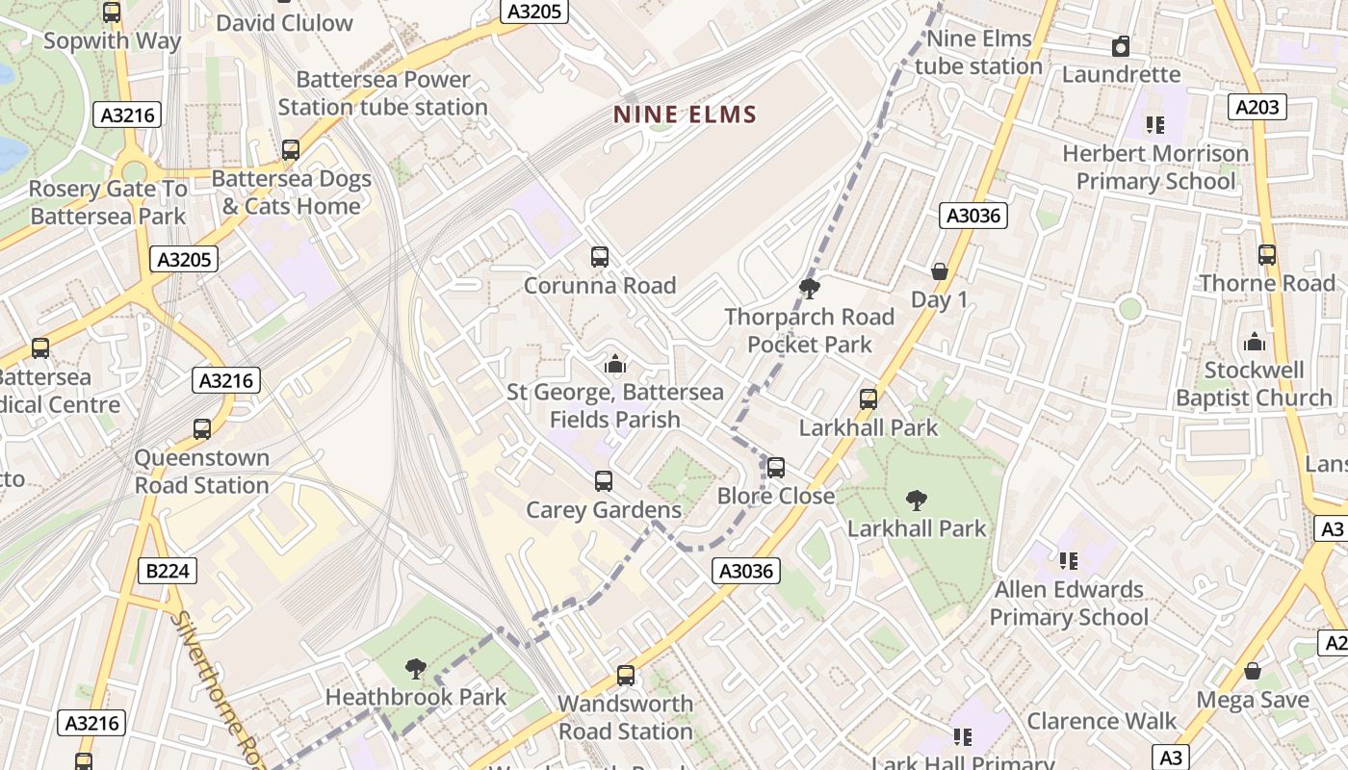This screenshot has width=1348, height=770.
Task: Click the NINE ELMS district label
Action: click(x=686, y=115)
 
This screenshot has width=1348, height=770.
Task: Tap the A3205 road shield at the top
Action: click(x=534, y=11)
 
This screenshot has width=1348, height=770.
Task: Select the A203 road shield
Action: click(x=1258, y=106)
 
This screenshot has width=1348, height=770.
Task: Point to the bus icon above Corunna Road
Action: click(x=600, y=257)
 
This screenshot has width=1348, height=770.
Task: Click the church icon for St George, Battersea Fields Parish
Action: click(x=614, y=364)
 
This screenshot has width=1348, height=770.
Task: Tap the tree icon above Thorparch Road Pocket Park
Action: click(x=809, y=288)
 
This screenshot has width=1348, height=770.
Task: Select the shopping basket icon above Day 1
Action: click(x=940, y=271)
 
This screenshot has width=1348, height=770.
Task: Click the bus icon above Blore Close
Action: click(x=775, y=468)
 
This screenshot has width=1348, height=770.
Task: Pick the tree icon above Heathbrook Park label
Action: click(x=416, y=668)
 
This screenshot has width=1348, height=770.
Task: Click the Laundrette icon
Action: click(x=1121, y=46)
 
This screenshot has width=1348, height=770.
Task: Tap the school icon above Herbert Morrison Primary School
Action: click(x=1154, y=124)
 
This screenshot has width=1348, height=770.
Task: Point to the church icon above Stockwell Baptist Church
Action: click(x=1254, y=342)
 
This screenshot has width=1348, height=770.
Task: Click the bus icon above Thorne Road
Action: click(x=1267, y=255)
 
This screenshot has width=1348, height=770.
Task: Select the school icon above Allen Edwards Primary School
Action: click(x=1068, y=560)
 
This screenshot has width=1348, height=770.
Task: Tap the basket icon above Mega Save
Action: click(x=1253, y=671)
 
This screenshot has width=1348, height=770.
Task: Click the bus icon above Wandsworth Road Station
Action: click(x=626, y=676)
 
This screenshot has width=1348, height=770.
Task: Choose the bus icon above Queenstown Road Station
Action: click(x=202, y=429)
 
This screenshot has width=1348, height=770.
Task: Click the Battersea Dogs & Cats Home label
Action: click(x=291, y=192)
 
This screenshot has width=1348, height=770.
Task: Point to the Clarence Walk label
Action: click(x=1102, y=721)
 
